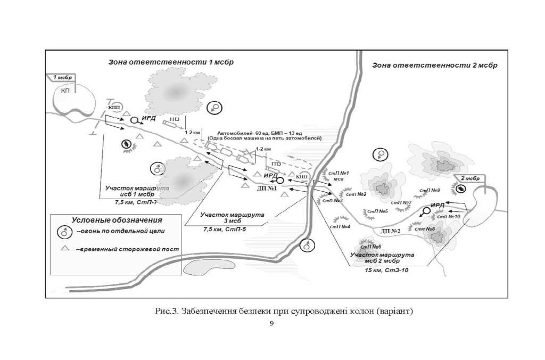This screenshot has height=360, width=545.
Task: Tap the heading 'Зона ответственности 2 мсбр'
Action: pos(435,66)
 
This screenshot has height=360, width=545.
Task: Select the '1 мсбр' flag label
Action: pos(63,78)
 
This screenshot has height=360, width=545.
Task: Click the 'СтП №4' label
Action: pos(339,226)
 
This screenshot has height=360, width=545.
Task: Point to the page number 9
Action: pos(272,323)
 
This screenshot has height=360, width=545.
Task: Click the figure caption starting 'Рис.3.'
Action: pos(272,310)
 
